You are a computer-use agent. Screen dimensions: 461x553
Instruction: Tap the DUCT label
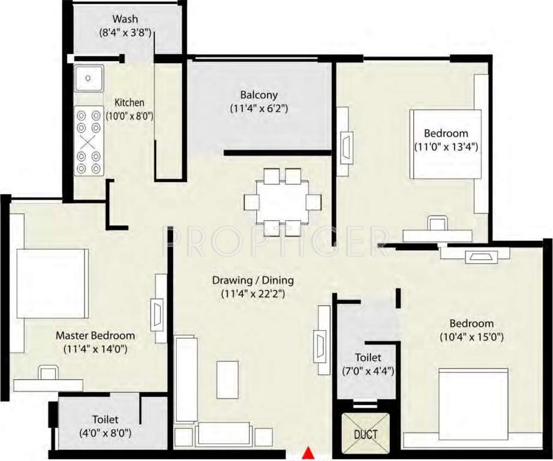(365, 433)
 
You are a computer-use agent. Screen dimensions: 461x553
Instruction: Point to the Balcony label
(259, 95)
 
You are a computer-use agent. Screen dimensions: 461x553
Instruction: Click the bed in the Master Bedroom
(52, 283)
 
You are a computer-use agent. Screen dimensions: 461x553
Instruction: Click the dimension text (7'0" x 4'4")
(368, 371)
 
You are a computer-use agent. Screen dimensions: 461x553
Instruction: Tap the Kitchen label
(129, 103)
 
